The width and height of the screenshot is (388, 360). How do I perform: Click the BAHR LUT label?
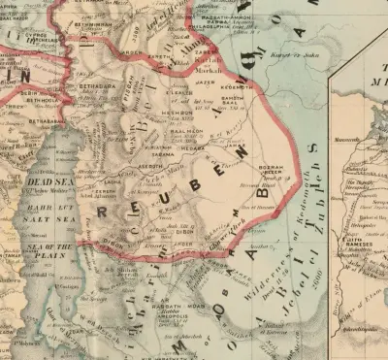[x=43, y=207]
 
